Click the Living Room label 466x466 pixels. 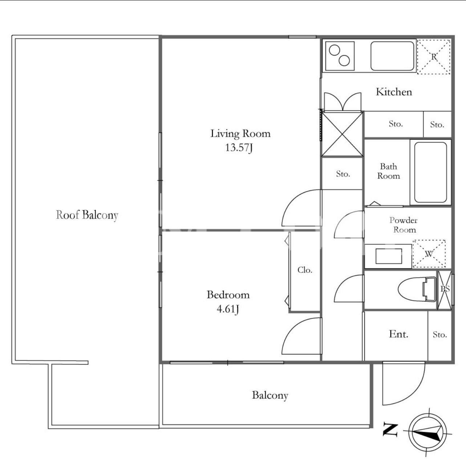coord(240,134)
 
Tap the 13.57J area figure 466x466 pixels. coord(239,147)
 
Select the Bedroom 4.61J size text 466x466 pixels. coord(228,309)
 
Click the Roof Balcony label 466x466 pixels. coord(87,215)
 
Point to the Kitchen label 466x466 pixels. coord(394,92)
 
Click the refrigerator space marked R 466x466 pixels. coord(434,57)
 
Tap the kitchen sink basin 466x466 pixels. coord(392,56)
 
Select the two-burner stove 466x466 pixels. coord(340,56)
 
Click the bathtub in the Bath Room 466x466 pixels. coord(430,172)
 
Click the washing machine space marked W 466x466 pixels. coord(429,254)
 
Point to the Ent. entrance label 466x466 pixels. coord(398,334)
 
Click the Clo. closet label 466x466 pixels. coord(305,270)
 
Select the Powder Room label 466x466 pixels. coord(404,225)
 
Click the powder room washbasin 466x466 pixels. coord(388,256)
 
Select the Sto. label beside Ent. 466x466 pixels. coord(439,335)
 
